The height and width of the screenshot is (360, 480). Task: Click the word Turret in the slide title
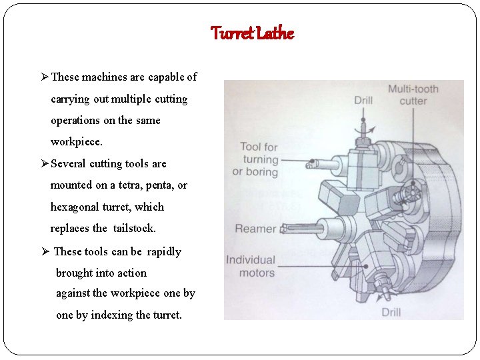(x=232, y=33)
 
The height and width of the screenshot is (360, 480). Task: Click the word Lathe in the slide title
(x=274, y=33)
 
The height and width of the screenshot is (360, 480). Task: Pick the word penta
(x=163, y=185)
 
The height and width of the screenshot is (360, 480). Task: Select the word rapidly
(x=164, y=251)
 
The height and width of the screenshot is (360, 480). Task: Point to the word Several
(x=69, y=163)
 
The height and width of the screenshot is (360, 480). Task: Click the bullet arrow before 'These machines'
(x=45, y=77)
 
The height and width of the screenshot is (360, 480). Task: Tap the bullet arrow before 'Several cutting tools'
(x=45, y=164)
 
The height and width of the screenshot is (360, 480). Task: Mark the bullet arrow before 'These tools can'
(x=45, y=252)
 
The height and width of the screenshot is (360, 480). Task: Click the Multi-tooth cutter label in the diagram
(x=413, y=95)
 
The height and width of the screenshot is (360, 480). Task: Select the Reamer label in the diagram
(x=255, y=229)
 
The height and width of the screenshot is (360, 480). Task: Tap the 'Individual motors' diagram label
(x=251, y=266)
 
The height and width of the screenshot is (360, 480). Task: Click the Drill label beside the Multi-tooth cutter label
(x=363, y=101)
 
